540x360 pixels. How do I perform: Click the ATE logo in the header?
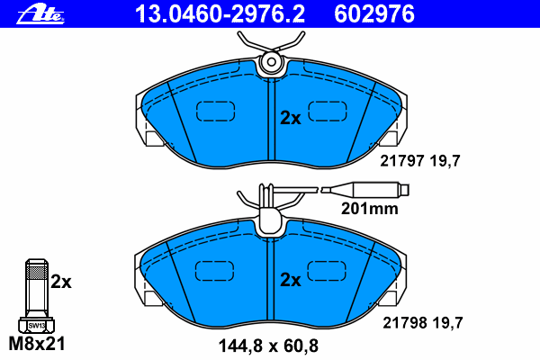pyautogui.click(x=40, y=14)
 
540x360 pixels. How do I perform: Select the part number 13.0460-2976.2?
pyautogui.click(x=220, y=14)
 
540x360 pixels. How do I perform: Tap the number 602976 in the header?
pyautogui.click(x=374, y=14)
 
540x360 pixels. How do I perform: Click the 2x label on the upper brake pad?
pyautogui.click(x=291, y=118)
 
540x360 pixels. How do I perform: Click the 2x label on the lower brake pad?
pyautogui.click(x=291, y=280)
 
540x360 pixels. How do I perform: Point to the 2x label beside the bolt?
pyautogui.click(x=61, y=282)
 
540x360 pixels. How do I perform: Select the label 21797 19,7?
pyautogui.click(x=420, y=161)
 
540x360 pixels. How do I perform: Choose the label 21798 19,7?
pyautogui.click(x=423, y=323)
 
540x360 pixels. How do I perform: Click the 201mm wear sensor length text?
pyautogui.click(x=370, y=209)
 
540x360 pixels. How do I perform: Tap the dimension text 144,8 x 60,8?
pyautogui.click(x=268, y=346)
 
